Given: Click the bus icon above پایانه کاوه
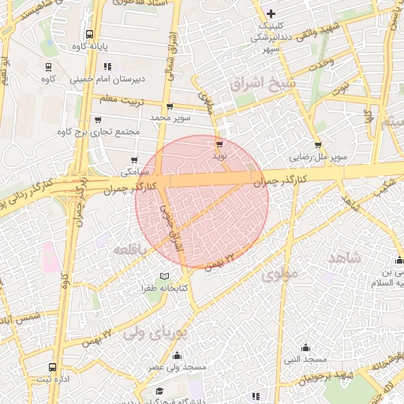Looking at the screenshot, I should tap(89, 35).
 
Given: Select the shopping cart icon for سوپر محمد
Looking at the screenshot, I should tap(170, 106).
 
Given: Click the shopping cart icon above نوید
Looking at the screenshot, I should tap(219, 144).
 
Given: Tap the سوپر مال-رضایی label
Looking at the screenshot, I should tap(318, 157).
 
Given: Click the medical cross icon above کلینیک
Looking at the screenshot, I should tap(271, 13).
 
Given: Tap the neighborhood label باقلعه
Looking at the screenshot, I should tap(130, 249).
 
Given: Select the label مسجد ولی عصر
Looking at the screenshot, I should tap(178, 367).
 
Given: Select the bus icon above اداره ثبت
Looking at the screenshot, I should tap(52, 368).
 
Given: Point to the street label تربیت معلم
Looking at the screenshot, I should tap(117, 99).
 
